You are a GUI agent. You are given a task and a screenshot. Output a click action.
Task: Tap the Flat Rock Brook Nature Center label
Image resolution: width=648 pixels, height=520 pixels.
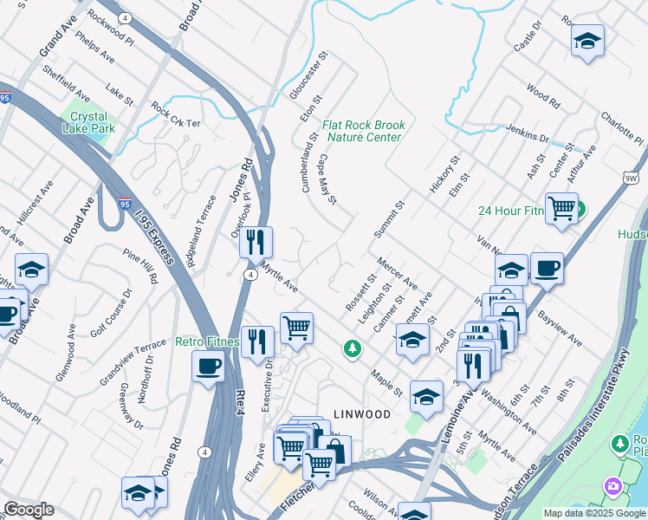[363, 131]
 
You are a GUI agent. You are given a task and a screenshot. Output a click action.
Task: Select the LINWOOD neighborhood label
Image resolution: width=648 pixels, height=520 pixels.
[362, 414]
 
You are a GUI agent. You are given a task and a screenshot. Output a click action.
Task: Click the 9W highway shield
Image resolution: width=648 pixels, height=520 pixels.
[631, 177]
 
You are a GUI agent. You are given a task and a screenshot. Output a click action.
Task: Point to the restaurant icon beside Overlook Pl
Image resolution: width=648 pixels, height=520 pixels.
[256, 242]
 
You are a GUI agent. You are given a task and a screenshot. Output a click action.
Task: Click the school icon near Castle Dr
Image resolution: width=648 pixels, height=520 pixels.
[587, 41]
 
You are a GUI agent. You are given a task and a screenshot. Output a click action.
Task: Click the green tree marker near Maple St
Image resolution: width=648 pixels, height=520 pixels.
[352, 348]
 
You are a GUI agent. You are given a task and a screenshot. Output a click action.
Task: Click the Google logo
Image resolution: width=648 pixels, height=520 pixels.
[28, 510]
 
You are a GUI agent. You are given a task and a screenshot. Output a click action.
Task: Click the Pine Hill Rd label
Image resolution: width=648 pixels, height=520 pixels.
[141, 268]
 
